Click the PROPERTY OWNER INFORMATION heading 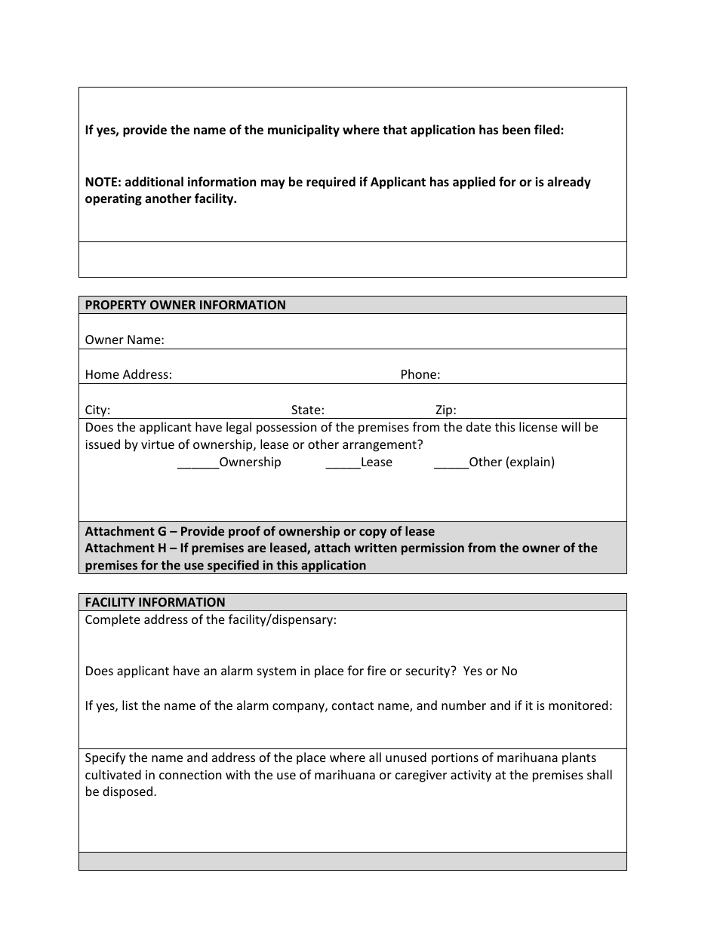click(185, 306)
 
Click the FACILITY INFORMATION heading click(155, 602)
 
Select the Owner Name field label click(125, 340)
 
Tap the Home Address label click(128, 375)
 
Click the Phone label click(420, 375)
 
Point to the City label click(97, 410)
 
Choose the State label click(307, 410)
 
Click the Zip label click(445, 410)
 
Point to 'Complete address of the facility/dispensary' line click(211, 620)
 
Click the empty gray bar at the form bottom click(352, 861)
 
